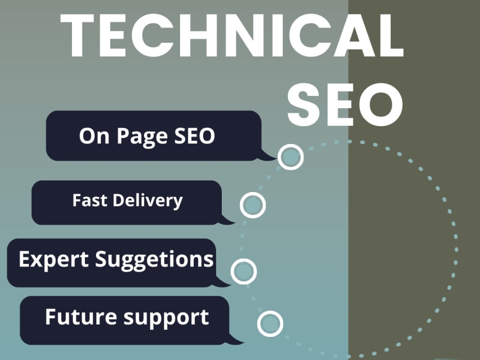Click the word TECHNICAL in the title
[x=232, y=35]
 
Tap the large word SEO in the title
[x=345, y=105]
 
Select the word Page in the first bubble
[x=143, y=137]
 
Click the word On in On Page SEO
[x=94, y=136]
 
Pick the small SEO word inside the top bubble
[x=194, y=136]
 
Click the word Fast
[x=90, y=201]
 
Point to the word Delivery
[x=147, y=202]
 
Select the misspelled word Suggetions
[x=154, y=260]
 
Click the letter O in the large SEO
[x=386, y=105]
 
